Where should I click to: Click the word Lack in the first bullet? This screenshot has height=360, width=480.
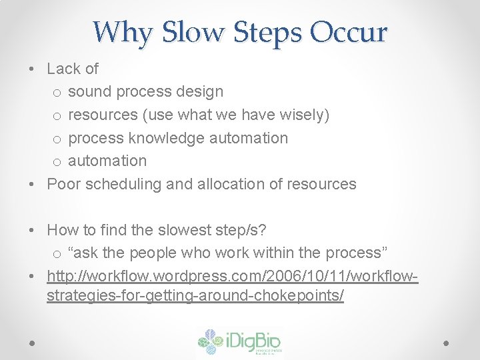(63, 69)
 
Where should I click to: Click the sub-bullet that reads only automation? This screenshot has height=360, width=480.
(107, 161)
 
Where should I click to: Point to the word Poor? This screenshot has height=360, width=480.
(63, 184)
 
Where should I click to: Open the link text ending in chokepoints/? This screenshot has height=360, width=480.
(195, 295)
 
